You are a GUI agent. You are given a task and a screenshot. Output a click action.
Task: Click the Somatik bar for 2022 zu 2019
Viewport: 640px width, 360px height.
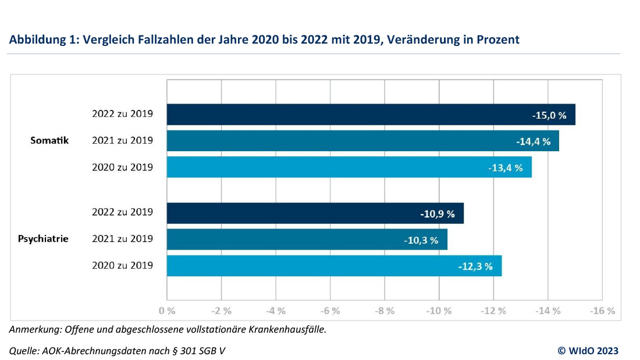[349, 115]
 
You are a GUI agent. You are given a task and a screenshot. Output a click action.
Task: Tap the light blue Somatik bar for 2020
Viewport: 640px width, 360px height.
[326, 167]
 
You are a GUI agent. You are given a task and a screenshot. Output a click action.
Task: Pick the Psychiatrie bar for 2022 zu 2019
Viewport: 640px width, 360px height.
[291, 213]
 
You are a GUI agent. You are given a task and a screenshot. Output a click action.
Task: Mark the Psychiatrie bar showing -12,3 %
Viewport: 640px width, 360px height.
[308, 266]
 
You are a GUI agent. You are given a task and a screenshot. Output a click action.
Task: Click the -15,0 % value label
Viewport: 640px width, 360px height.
[549, 115]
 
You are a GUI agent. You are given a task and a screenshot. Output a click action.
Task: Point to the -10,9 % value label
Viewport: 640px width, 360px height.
[438, 213]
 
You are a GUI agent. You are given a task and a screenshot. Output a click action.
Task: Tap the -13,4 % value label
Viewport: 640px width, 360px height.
[505, 168]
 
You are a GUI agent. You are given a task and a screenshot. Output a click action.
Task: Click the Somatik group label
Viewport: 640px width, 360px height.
[49, 140]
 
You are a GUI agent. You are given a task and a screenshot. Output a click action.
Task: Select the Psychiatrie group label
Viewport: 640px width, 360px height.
[43, 239]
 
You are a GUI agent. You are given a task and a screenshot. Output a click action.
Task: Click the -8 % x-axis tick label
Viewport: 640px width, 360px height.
[385, 311]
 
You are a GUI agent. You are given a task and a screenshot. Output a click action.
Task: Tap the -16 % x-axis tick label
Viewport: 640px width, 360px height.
[602, 311]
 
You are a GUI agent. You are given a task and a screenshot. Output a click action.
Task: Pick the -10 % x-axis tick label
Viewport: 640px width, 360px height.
[439, 311]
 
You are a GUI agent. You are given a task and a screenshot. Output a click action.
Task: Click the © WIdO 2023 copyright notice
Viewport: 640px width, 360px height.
[588, 350]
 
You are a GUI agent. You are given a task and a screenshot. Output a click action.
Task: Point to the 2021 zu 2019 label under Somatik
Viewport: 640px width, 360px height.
[122, 140]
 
